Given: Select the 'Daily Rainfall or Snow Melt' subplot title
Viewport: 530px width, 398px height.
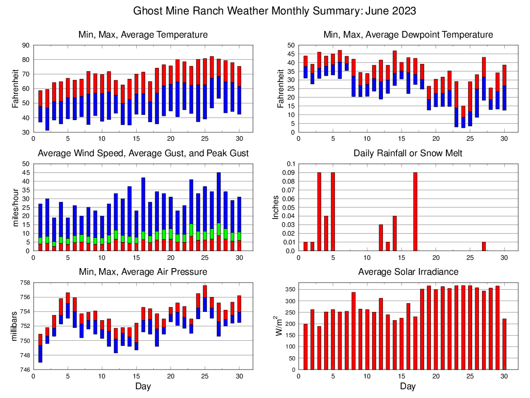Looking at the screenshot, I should click(408, 153).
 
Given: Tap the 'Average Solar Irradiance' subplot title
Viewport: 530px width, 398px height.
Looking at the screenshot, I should click(408, 272).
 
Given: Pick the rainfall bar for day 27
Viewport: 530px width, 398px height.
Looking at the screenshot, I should click(484, 246).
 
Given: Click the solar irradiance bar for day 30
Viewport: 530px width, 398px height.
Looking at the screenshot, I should click(504, 344).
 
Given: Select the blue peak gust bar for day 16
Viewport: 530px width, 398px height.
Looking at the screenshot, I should click(143, 204).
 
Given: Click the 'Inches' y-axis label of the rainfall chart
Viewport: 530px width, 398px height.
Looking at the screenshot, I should click(276, 207).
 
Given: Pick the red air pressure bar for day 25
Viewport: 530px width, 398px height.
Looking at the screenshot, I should click(205, 291).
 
